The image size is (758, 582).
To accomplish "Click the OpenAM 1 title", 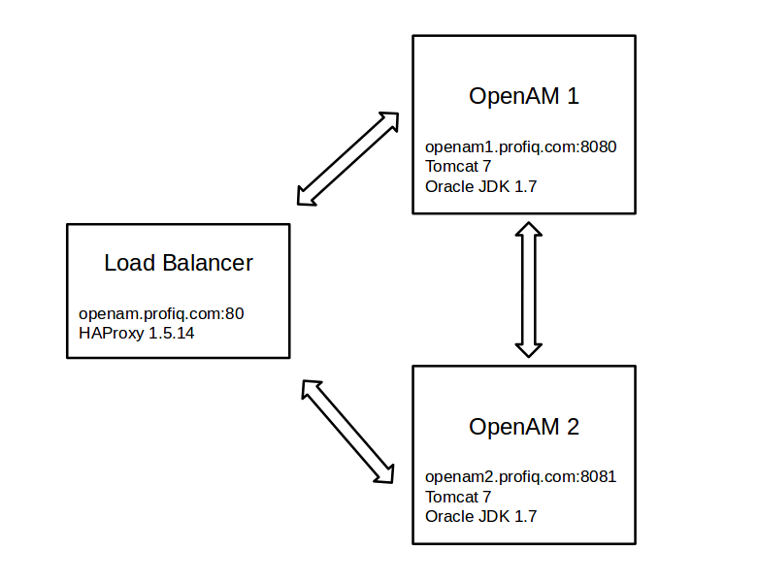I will pos(524,96).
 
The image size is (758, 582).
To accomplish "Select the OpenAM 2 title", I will pos(524,427).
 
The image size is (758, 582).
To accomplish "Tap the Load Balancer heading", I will pos(179,263).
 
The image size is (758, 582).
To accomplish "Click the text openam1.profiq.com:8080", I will pos(521,147).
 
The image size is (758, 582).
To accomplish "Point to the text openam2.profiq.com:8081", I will pos(521,477).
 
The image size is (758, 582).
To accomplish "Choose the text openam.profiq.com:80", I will pos(161,313).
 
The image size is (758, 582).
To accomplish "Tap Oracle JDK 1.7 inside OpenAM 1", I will pos(480,186).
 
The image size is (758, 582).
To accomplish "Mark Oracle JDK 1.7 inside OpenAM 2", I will pos(480,516).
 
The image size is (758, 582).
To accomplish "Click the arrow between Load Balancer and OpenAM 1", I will pos(346,159).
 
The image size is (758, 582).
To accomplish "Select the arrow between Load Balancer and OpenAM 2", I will pos(348,431).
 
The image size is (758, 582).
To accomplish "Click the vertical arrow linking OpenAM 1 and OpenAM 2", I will pos(527,289).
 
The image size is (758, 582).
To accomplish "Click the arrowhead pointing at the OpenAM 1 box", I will pos(387,120).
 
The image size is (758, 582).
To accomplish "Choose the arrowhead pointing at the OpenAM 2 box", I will pos(385,472).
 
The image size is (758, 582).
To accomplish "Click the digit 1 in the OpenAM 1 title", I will pos(574,96).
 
